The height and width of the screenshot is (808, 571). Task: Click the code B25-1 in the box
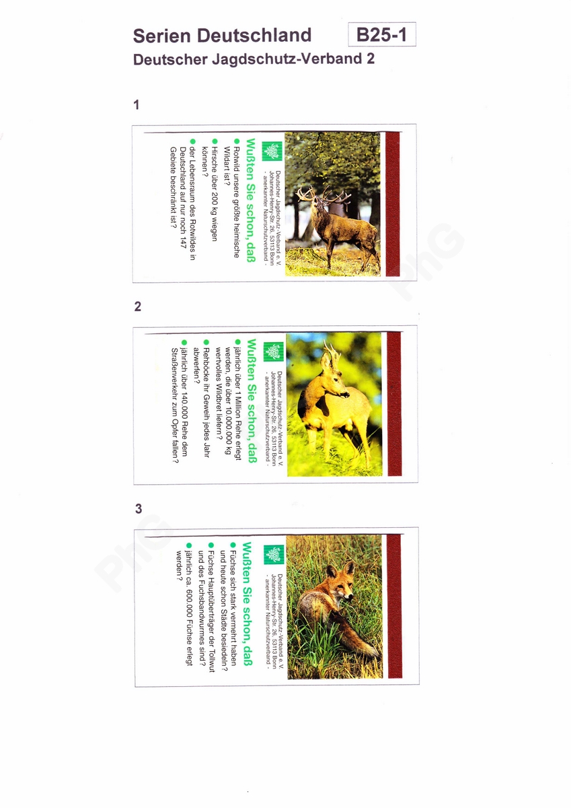click(382, 34)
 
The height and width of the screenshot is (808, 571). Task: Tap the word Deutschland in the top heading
click(254, 35)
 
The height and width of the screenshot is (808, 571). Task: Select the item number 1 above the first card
click(136, 104)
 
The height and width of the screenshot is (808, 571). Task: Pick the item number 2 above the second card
click(138, 306)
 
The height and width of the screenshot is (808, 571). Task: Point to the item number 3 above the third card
click(139, 508)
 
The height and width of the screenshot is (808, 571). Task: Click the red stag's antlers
click(323, 196)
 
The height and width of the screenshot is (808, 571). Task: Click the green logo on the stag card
click(272, 151)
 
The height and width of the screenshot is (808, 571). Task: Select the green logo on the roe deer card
click(274, 351)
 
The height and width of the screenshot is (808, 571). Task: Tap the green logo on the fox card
click(274, 554)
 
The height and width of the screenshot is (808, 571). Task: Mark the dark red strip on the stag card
click(393, 204)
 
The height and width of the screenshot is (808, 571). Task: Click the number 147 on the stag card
click(183, 240)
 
